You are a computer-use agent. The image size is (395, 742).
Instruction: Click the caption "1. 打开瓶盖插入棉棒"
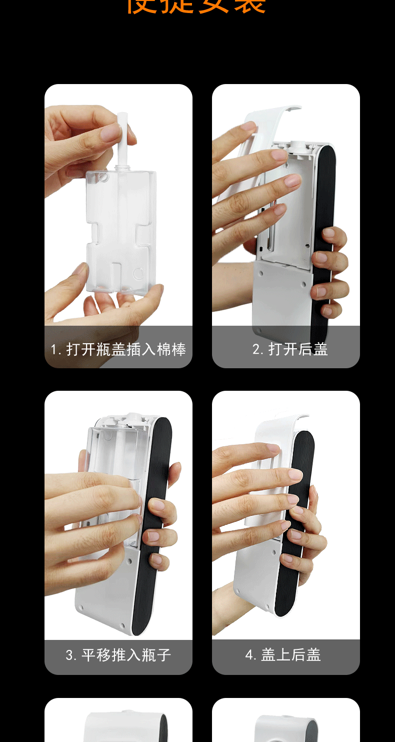click(118, 349)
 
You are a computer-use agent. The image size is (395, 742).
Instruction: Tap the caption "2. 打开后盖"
click(290, 349)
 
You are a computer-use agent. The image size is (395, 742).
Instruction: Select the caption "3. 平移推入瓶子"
click(118, 655)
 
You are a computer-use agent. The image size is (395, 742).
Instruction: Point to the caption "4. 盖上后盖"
click(283, 655)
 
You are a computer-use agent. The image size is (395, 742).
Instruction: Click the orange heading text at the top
click(196, 6)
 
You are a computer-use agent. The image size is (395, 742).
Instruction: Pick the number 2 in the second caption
click(255, 349)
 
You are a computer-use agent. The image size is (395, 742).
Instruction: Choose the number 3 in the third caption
click(69, 655)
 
